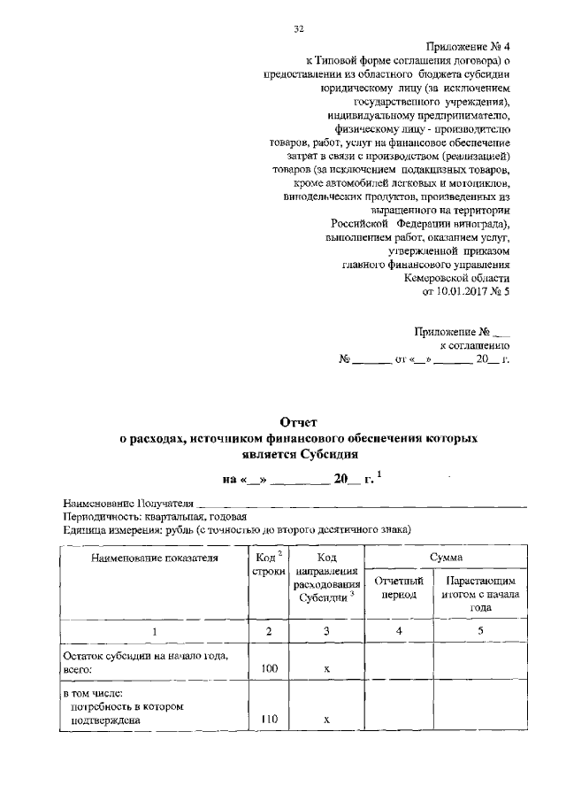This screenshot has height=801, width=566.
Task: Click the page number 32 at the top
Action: (298, 28)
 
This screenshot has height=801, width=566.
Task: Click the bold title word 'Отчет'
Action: (297, 422)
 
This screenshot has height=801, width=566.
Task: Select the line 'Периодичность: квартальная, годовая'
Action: (155, 516)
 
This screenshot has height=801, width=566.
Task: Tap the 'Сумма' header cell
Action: (444, 556)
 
